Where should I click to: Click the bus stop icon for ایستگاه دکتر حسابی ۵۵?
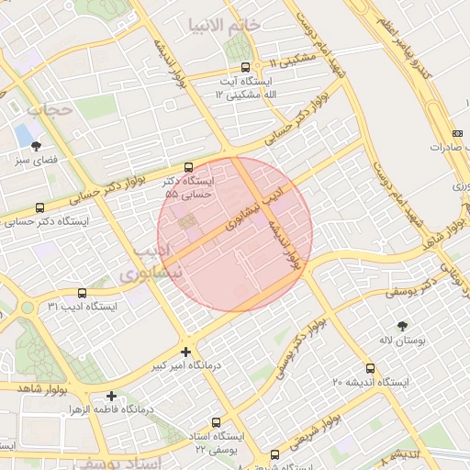(x=188, y=167)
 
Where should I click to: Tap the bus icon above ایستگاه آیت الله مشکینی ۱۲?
(x=245, y=67)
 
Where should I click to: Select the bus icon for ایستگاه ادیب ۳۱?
(x=82, y=293)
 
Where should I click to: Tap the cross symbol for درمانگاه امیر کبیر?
(x=186, y=352)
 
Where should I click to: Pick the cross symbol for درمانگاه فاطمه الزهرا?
(x=112, y=396)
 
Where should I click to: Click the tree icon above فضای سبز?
(x=36, y=145)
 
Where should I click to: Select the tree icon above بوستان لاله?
(x=403, y=326)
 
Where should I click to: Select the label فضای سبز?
(x=35, y=160)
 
